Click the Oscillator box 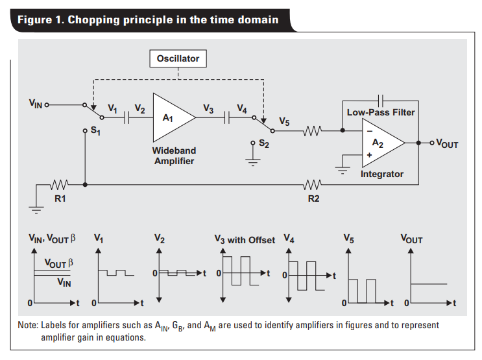click(178, 58)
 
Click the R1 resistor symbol click(59, 185)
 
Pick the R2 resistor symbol click(313, 185)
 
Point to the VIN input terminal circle click(47, 105)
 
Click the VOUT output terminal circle click(432, 143)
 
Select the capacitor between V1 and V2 click(127, 117)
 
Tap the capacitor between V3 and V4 click(227, 117)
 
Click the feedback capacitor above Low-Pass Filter click(381, 101)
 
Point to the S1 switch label click(95, 131)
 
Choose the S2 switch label click(264, 143)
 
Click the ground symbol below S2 click(253, 162)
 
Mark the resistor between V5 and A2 click(313, 130)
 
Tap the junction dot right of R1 click(85, 185)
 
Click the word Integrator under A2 click(382, 174)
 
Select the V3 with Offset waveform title click(245, 240)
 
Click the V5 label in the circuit click(284, 122)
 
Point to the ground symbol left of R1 click(36, 209)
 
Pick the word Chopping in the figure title click(94, 20)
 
